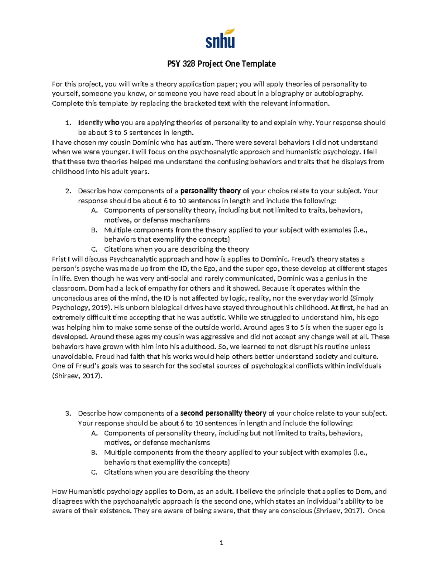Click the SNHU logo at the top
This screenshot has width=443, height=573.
[220, 38]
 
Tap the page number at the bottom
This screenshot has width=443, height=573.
[221, 542]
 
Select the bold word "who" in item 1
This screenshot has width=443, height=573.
[112, 123]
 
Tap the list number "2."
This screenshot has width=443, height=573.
[68, 191]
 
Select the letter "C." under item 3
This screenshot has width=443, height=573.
[94, 472]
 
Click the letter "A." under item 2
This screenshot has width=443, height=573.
[94, 210]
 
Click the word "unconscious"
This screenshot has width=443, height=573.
[73, 298]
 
